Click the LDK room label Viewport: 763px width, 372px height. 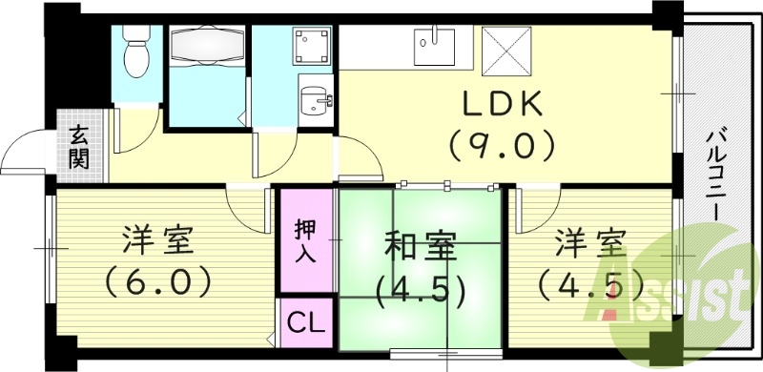[502, 102]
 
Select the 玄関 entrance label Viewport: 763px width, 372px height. [79, 147]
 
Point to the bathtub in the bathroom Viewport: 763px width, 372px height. [206, 46]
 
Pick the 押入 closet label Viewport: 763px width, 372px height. [305, 241]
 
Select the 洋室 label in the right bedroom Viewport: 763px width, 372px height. [592, 244]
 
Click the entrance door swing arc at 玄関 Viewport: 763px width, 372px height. [27, 153]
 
